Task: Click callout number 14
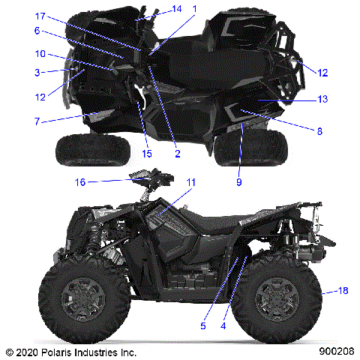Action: pos(177,8)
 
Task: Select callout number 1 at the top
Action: pos(194,8)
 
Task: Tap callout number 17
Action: pos(40,16)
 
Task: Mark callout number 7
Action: pos(37,120)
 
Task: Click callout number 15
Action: pos(146,154)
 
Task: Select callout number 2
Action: pos(177,154)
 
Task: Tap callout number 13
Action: pos(322,99)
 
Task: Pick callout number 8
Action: pos(319,131)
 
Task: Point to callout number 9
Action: pos(240,181)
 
